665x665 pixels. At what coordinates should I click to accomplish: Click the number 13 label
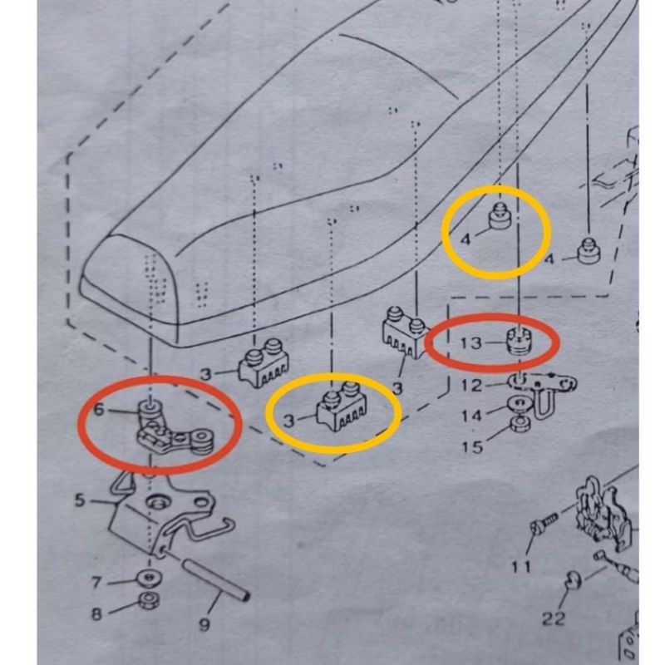pyautogui.click(x=471, y=343)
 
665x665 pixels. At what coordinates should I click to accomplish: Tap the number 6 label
pyautogui.click(x=98, y=410)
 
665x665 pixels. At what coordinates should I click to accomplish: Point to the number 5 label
pyautogui.click(x=80, y=500)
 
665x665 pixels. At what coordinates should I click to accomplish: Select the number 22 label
pyautogui.click(x=554, y=618)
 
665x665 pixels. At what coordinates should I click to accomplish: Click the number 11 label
pyautogui.click(x=520, y=567)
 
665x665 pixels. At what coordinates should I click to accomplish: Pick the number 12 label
pyautogui.click(x=472, y=386)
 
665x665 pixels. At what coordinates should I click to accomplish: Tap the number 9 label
pyautogui.click(x=204, y=624)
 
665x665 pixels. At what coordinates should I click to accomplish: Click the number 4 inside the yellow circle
pyautogui.click(x=465, y=239)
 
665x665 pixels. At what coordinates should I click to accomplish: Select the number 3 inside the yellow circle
pyautogui.click(x=288, y=421)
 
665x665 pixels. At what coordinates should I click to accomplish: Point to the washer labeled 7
pyautogui.click(x=149, y=578)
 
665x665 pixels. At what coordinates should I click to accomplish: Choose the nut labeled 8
pyautogui.click(x=150, y=600)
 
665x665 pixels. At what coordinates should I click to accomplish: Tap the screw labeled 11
pyautogui.click(x=544, y=523)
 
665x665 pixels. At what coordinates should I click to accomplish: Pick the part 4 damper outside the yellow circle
pyautogui.click(x=589, y=251)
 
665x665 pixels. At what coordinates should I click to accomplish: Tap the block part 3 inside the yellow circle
pyautogui.click(x=342, y=406)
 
